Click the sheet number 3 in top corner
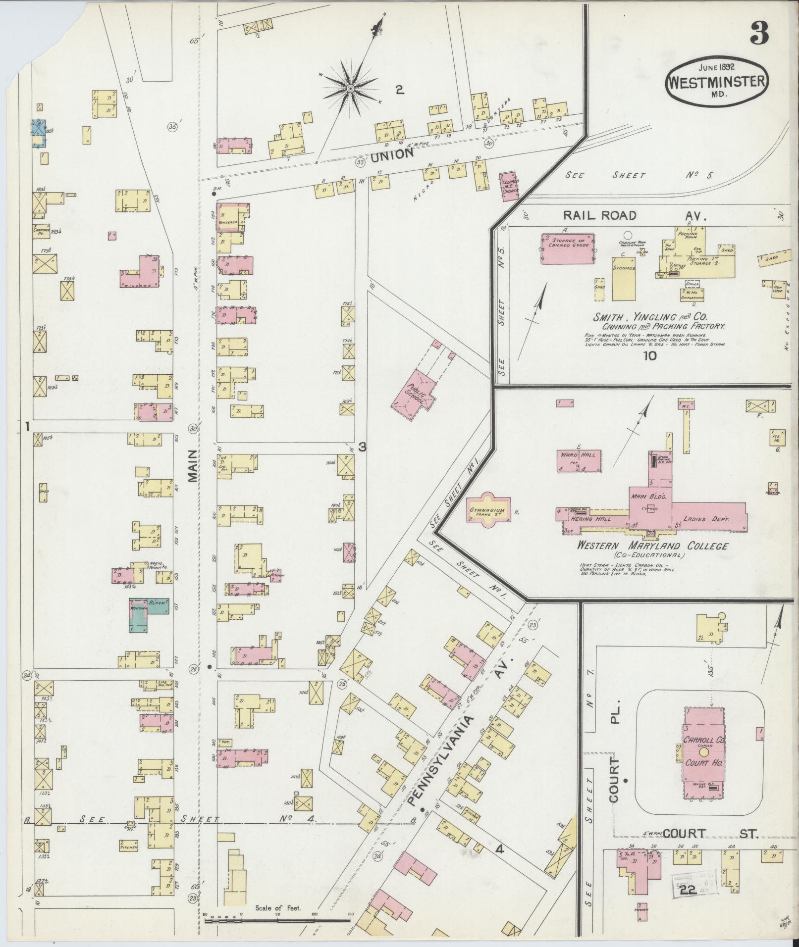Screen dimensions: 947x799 coord(758,33)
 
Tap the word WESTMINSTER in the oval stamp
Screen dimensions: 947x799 coord(717,82)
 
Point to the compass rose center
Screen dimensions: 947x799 coord(350,89)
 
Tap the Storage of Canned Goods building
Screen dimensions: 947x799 coord(567,249)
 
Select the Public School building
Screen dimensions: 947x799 coord(414,395)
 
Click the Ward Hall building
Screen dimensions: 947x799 coord(579,461)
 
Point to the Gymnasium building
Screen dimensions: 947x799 coord(487,510)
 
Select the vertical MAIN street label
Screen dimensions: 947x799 coord(193,465)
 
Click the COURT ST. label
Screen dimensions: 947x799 coord(710,834)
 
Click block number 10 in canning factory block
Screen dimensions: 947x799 coord(649,355)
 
